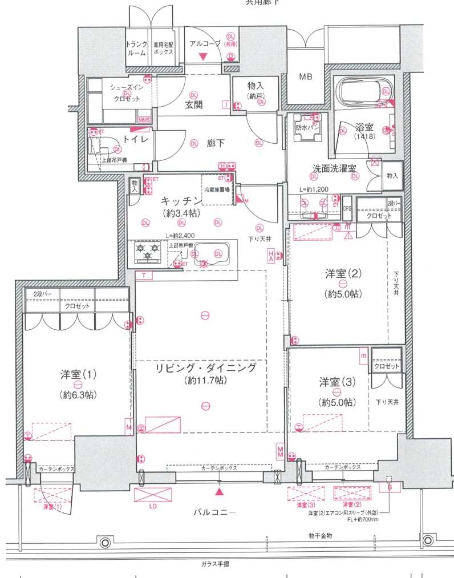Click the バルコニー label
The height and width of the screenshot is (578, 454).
pyautogui.click(x=213, y=512)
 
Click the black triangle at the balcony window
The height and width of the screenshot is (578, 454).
pyautogui.click(x=220, y=490)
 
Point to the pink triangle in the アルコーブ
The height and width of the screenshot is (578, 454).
pyautogui.click(x=203, y=56)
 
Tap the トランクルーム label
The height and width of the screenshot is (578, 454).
pyautogui.click(x=137, y=48)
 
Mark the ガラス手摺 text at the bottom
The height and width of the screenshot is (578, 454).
pyautogui.click(x=215, y=564)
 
